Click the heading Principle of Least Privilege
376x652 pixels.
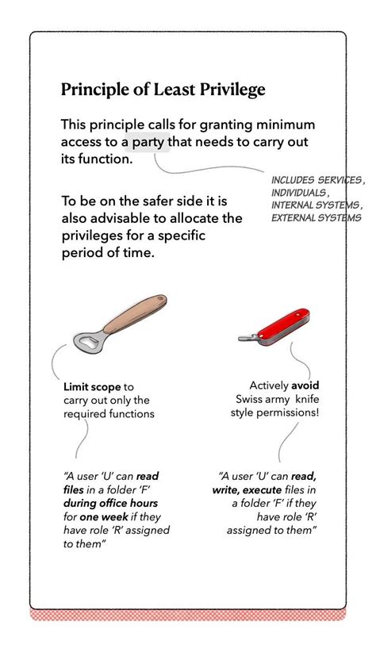pyautogui.click(x=163, y=90)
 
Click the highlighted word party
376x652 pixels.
pyautogui.click(x=149, y=143)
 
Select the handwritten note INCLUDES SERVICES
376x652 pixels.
pyautogui.click(x=317, y=180)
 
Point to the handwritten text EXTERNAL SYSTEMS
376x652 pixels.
pyautogui.click(x=316, y=217)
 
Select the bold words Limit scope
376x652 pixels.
pyautogui.click(x=93, y=387)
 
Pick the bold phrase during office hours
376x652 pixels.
pyautogui.click(x=111, y=503)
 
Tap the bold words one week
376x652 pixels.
pyautogui.click(x=100, y=516)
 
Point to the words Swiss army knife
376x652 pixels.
pyautogui.click(x=274, y=399)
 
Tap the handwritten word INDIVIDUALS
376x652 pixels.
pyautogui.click(x=298, y=193)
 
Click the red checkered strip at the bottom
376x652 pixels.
pyautogui.click(x=188, y=615)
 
